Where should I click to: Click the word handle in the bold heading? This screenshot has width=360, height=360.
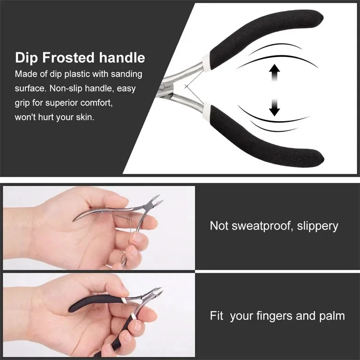point(123,58)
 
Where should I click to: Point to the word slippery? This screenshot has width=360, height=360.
point(317,225)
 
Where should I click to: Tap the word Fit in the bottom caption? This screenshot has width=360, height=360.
point(216,315)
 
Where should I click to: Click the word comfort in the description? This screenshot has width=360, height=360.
point(96,103)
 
